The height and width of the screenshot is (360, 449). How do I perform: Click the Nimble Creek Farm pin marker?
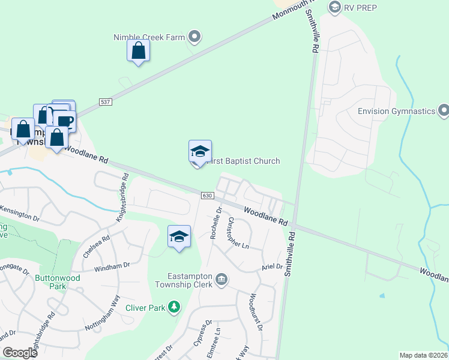(x=194, y=37)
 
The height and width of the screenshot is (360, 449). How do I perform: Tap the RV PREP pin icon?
(x=335, y=7)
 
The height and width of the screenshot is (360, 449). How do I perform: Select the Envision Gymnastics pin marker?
(x=444, y=111)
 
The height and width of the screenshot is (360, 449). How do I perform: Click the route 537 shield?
(x=106, y=102)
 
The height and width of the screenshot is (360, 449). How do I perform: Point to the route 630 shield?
(x=208, y=196)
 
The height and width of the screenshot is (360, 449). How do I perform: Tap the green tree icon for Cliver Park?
(x=174, y=308)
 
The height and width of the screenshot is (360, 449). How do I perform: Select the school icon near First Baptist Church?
(x=200, y=152)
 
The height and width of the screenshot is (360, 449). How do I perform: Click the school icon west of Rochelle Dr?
(x=179, y=238)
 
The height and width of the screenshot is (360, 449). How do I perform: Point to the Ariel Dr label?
(x=271, y=266)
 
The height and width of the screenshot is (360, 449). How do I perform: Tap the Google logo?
(x=20, y=353)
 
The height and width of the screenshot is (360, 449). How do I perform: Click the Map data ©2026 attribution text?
(x=423, y=355)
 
